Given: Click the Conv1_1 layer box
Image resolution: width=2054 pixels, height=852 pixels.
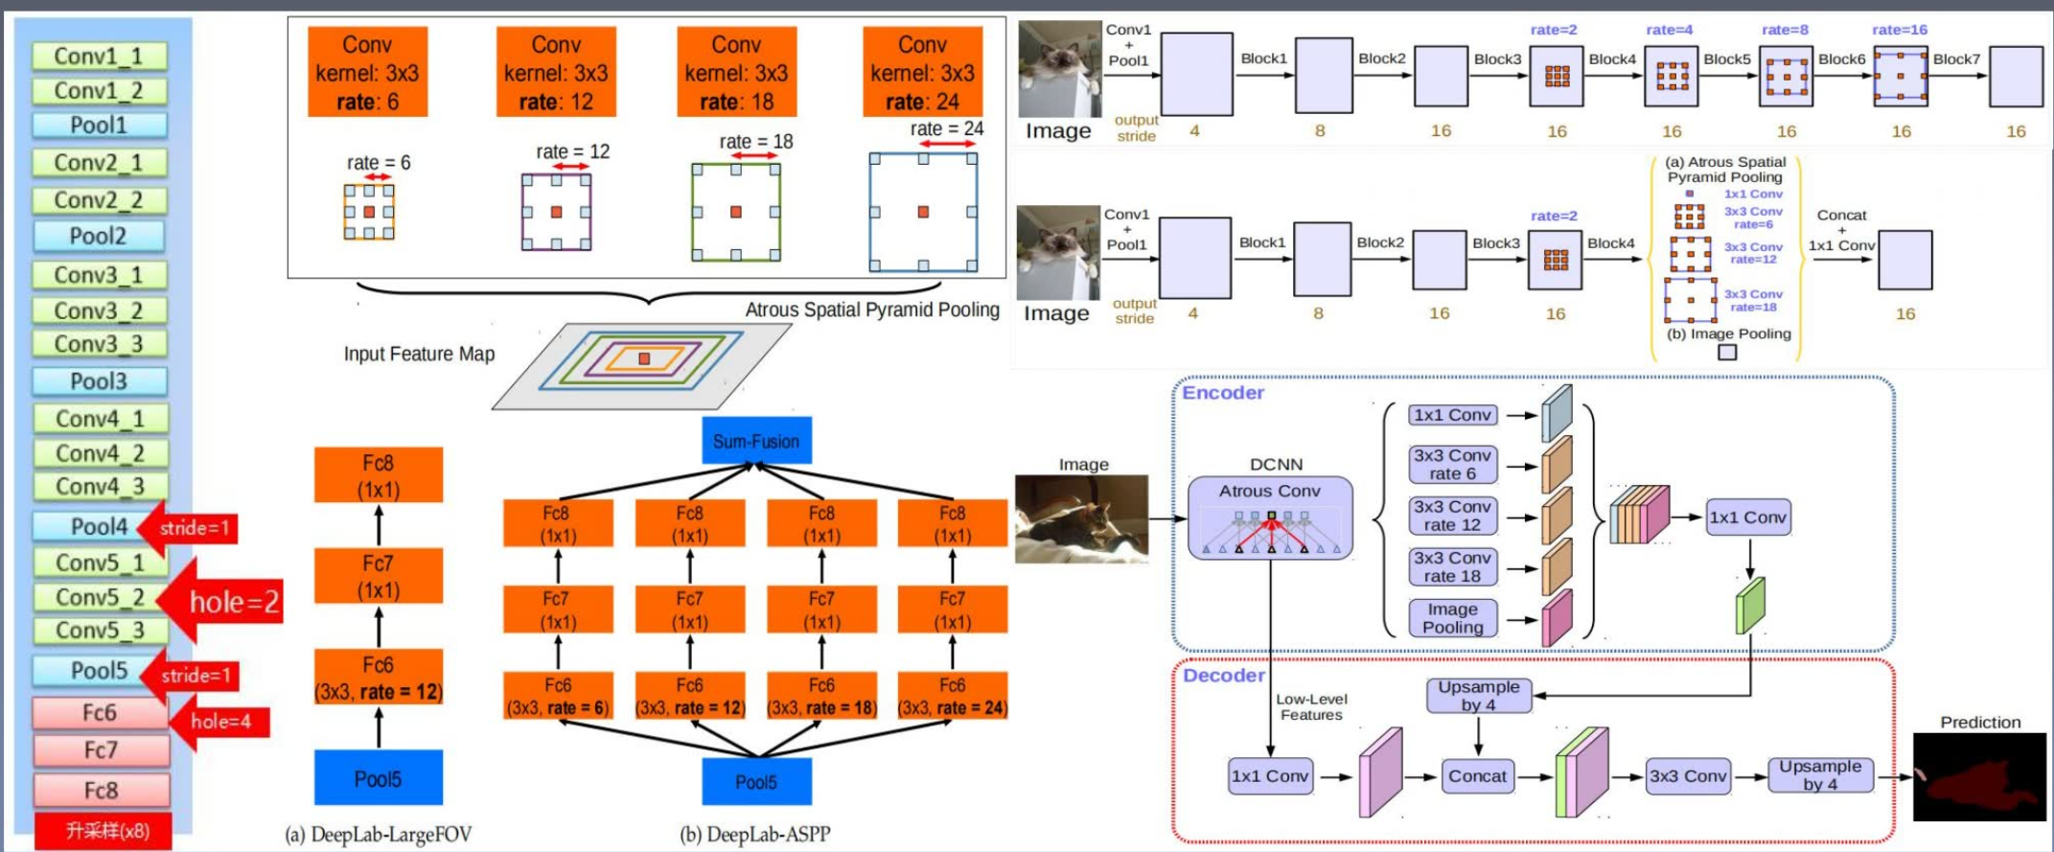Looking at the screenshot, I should (x=99, y=57).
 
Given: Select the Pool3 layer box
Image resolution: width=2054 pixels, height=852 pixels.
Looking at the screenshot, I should (x=99, y=381).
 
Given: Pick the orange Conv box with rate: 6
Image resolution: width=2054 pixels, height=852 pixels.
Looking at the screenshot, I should (x=367, y=73).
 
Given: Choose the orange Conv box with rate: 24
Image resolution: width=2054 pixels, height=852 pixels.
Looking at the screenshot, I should (x=922, y=73).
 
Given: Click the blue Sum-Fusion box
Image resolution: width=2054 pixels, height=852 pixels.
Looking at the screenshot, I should (x=756, y=442).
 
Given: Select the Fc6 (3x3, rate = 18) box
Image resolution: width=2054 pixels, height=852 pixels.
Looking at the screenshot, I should (x=822, y=697).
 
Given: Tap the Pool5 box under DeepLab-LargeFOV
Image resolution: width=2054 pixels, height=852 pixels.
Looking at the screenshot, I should (x=379, y=778).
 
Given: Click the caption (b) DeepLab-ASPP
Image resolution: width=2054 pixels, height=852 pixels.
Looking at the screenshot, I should (x=755, y=834).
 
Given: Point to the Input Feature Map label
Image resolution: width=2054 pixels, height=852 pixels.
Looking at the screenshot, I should (x=419, y=355).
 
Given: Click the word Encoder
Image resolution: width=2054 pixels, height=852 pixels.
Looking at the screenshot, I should (x=1223, y=393).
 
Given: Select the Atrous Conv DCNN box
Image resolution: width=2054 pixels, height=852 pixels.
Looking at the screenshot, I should (x=1270, y=518).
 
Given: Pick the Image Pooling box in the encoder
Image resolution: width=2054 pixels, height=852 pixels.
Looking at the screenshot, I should (x=1452, y=618).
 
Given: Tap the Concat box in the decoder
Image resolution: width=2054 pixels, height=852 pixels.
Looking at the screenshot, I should (x=1477, y=776).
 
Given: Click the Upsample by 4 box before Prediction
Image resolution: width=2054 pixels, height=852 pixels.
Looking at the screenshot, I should (x=1819, y=775).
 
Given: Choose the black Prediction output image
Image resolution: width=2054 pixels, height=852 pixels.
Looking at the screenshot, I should (x=1979, y=777).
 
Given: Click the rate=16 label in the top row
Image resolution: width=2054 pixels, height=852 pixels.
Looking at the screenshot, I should (x=1899, y=30).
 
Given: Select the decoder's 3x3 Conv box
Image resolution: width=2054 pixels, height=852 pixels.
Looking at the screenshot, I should (x=1688, y=776).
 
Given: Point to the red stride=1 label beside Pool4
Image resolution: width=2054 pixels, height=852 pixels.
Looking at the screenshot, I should (x=194, y=528).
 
